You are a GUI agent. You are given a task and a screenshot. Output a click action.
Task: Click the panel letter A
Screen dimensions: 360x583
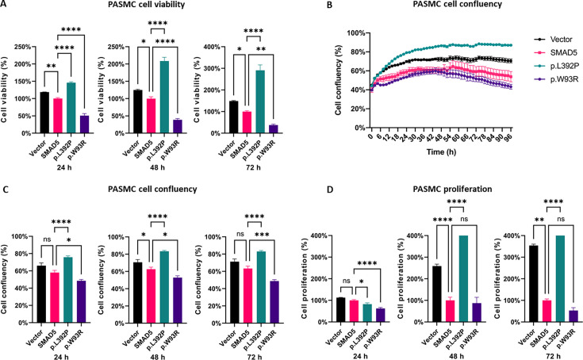tap(7, 6)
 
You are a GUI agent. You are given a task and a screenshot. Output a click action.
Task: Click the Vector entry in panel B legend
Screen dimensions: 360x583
tap(561, 39)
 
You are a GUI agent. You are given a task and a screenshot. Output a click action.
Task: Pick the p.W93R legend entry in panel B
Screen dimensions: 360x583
tap(561, 79)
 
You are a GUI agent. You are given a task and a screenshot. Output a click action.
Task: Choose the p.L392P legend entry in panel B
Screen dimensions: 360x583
tap(562, 66)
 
